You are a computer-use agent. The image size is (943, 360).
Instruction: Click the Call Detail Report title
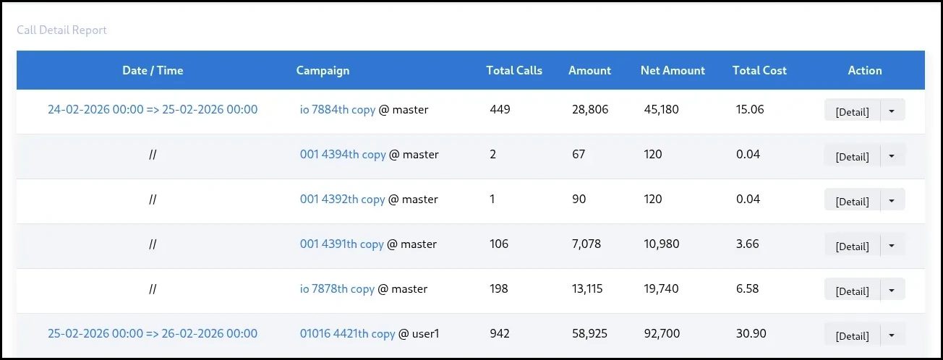coord(61,30)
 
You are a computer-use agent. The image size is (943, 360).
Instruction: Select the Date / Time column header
coord(153,70)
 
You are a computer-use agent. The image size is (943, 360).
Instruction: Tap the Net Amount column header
coord(673,70)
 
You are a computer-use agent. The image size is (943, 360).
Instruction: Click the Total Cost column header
coord(759,70)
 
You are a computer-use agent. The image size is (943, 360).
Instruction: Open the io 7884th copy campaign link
coord(338,110)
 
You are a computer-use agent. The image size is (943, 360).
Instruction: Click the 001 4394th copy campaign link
coord(343,155)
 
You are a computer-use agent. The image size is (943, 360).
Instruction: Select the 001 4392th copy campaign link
coord(342,200)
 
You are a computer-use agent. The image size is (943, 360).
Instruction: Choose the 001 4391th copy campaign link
coord(341,244)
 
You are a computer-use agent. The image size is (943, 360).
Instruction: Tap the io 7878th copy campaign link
coord(337,289)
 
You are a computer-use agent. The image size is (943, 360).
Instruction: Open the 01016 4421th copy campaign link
coord(347,334)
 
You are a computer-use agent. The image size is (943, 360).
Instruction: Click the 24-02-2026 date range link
coord(153,110)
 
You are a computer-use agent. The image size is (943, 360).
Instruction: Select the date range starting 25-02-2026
coord(153,334)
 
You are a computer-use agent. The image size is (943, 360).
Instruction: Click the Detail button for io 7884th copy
coord(852,111)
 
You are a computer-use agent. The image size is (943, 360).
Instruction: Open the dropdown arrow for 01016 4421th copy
coord(892,335)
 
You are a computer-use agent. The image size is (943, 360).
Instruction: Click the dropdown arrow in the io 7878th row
coord(892,291)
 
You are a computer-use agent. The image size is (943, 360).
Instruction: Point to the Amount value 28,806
coord(589,110)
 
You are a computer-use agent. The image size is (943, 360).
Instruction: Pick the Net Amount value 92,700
coord(661,334)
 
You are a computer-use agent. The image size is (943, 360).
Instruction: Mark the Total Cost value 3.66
coord(747,244)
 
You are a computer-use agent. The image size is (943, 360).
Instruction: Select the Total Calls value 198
coord(499,289)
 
